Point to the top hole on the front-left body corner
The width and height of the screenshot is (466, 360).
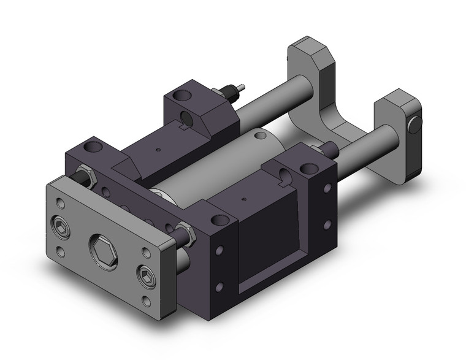pos(91,148)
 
